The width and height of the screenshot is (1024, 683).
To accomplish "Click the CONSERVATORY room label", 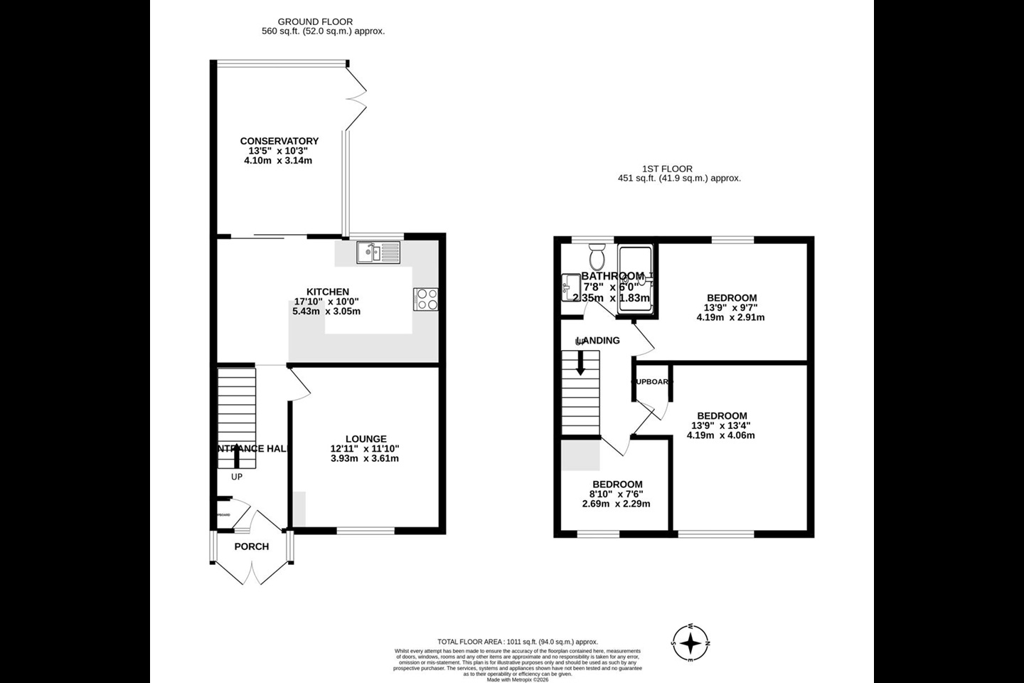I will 279,141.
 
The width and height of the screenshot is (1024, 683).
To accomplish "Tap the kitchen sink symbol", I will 379,251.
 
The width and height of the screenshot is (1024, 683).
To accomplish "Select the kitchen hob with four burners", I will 425,299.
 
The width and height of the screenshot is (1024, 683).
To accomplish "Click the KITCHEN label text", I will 327,292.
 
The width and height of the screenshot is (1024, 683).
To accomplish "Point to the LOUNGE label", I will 366,439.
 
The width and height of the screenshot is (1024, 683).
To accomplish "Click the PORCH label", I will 252,546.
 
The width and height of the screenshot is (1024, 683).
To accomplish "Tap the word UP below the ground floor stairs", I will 236,477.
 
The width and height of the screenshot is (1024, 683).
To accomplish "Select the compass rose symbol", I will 690,644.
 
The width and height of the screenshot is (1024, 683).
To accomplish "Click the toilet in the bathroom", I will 596,254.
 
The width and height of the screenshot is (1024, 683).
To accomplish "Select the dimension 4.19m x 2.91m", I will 730,317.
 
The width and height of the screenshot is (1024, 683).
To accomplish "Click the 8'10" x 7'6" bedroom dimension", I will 616,494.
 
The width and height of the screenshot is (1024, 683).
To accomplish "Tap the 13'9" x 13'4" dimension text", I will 720,426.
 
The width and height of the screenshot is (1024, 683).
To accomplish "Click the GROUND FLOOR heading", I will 315,22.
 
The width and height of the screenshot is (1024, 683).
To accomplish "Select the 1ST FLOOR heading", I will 667,169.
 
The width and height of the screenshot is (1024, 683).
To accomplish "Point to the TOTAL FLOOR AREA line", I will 518,642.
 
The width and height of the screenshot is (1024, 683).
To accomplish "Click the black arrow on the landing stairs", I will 580,364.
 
